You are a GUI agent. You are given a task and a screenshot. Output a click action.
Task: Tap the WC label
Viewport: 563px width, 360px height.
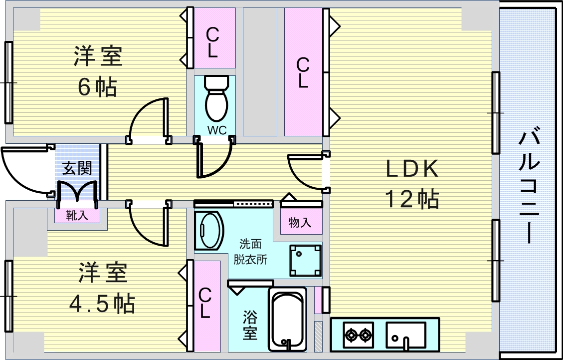217,130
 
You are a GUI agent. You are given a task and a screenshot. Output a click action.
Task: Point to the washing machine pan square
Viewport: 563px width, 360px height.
304,260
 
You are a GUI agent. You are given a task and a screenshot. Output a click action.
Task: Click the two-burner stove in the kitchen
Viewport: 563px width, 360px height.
359,334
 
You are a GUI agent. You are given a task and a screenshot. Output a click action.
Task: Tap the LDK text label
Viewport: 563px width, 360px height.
412,170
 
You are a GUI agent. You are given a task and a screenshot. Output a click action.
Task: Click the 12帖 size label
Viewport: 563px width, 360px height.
412,199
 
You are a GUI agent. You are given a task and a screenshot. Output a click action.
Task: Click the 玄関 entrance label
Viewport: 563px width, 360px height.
77,168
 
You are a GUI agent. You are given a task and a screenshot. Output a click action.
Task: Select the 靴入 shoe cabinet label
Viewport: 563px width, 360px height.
77,215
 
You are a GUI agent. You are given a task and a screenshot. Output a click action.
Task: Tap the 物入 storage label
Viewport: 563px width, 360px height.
300,222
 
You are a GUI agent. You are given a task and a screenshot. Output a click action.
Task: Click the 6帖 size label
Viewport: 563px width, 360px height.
97,87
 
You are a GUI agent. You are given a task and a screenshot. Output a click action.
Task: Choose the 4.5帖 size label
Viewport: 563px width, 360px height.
102,303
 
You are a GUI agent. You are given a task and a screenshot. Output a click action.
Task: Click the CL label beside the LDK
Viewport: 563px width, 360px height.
303,73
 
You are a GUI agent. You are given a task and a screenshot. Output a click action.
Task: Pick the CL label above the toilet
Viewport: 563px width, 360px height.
213,43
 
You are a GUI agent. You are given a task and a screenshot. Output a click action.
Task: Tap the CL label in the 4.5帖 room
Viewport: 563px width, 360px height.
204,303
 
